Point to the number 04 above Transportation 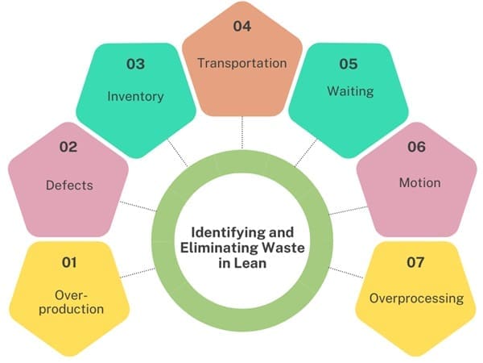[x=242, y=27]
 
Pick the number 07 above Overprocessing [x=415, y=262]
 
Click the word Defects [x=68, y=185]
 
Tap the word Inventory [x=135, y=97]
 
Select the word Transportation [x=242, y=62]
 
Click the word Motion [x=419, y=183]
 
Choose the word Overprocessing [x=416, y=298]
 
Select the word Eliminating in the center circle [x=215, y=249]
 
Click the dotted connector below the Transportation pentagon [x=242, y=133]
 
